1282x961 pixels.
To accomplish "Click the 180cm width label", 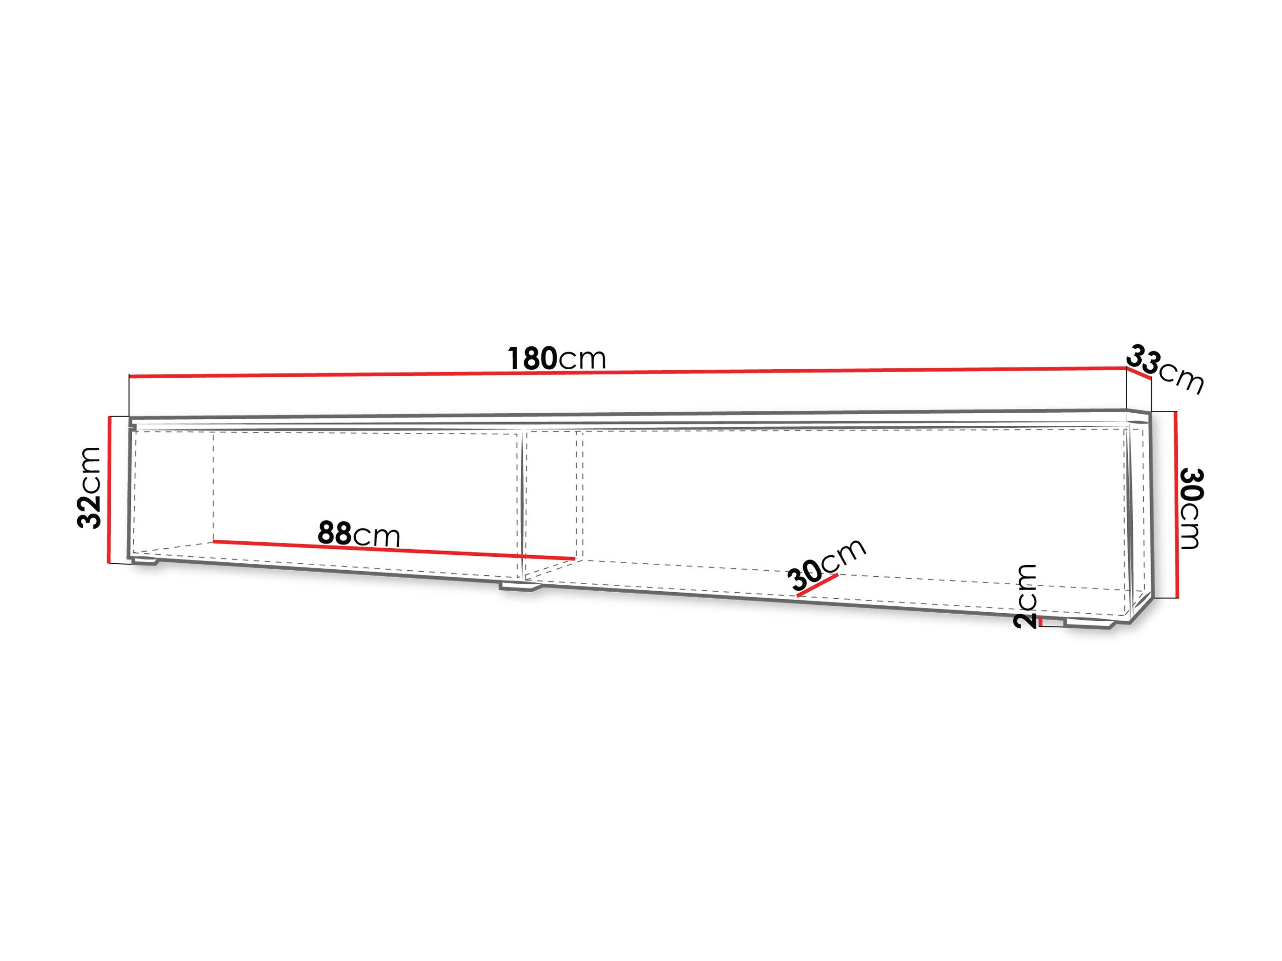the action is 557,359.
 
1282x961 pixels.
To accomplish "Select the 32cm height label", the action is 89,487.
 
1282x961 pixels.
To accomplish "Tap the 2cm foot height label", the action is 1025,596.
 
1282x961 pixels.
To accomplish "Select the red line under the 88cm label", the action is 394,550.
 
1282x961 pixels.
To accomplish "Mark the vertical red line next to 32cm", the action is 108,489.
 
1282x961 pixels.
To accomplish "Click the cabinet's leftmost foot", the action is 145,561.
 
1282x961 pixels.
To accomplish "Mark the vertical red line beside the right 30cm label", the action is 1176,504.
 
